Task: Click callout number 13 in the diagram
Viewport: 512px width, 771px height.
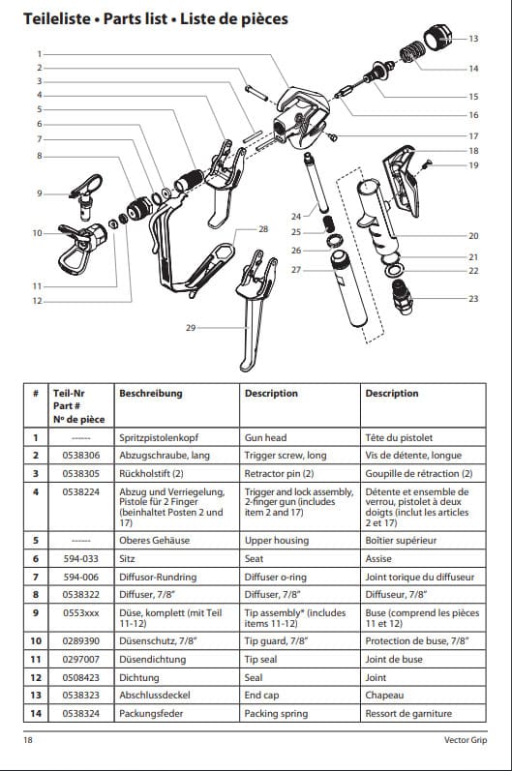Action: tap(473, 39)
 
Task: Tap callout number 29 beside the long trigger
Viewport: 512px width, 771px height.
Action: tap(191, 328)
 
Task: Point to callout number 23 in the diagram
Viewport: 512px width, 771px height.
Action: tap(473, 299)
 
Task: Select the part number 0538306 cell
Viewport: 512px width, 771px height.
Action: tap(80, 456)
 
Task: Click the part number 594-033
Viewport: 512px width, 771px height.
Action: tap(80, 558)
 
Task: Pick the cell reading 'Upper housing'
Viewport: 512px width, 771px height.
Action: tap(277, 541)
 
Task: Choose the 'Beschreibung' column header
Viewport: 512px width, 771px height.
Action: tap(151, 394)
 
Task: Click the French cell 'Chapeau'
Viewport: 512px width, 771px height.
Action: tap(384, 696)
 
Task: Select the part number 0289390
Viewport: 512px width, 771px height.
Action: tap(80, 641)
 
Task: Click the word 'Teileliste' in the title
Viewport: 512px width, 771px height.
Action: tap(57, 18)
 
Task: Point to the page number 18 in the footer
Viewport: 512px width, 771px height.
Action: tap(28, 739)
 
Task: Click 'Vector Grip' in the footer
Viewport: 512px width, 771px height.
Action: tap(466, 739)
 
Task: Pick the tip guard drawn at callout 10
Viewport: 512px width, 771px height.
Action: tap(81, 248)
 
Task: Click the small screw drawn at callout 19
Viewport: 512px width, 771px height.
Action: tap(428, 164)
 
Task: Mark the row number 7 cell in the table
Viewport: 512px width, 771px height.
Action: tap(36, 577)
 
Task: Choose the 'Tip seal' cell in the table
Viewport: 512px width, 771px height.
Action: tap(260, 660)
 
